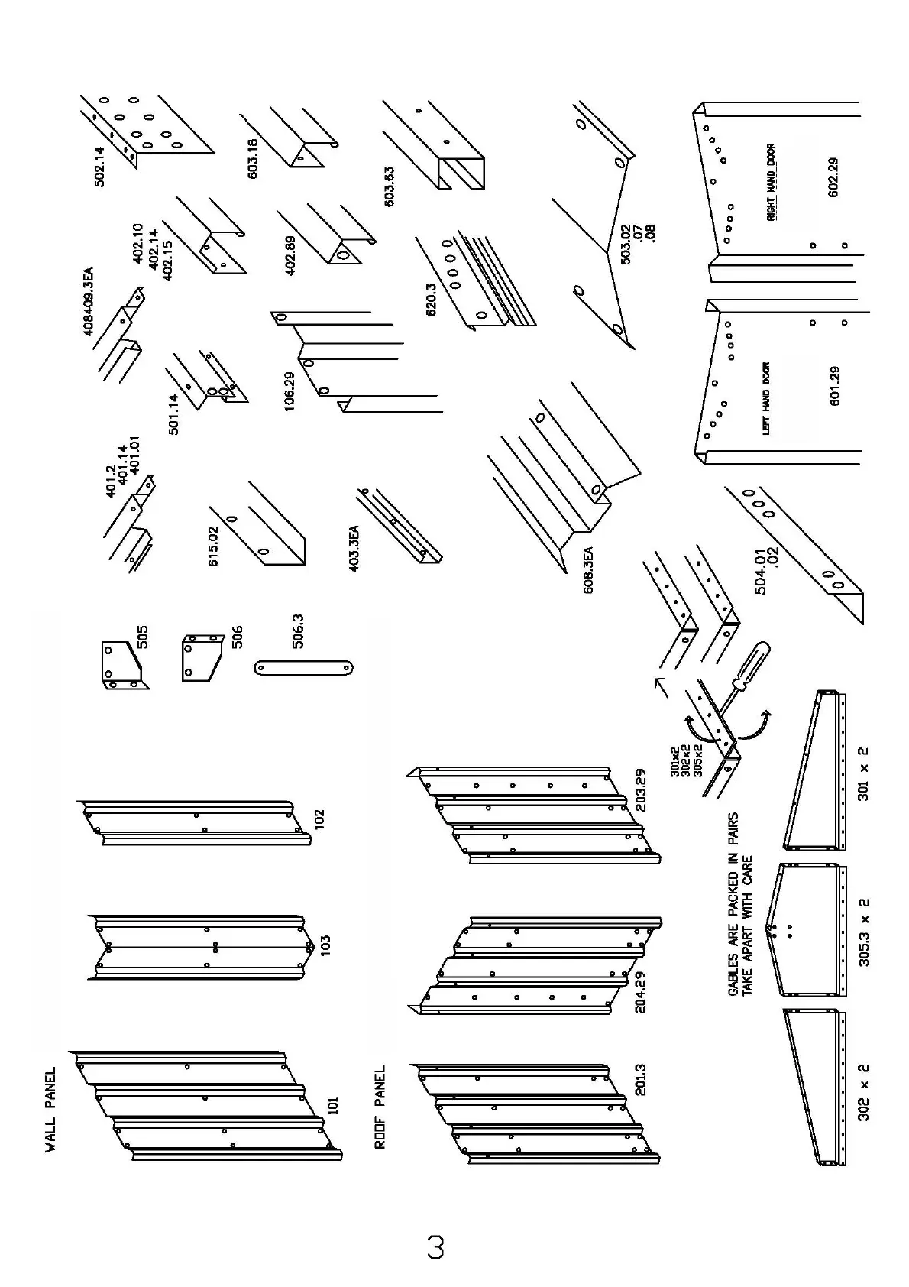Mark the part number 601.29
click(834, 386)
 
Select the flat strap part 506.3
click(304, 668)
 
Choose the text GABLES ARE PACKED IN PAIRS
click(734, 903)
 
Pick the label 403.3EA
click(354, 548)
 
